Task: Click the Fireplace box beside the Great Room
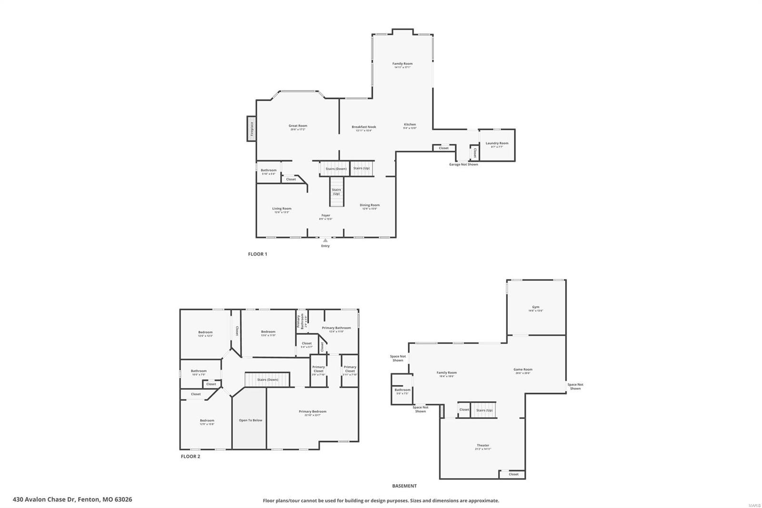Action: click(x=251, y=128)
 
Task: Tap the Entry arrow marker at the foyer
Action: click(x=325, y=241)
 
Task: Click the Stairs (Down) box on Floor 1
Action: click(x=336, y=169)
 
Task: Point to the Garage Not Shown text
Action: click(x=463, y=164)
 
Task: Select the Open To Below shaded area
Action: click(x=250, y=420)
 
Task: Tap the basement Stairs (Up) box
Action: click(x=484, y=410)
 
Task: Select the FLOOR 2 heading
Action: click(x=190, y=457)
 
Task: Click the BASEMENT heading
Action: click(x=404, y=486)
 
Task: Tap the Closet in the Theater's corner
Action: click(x=513, y=474)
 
